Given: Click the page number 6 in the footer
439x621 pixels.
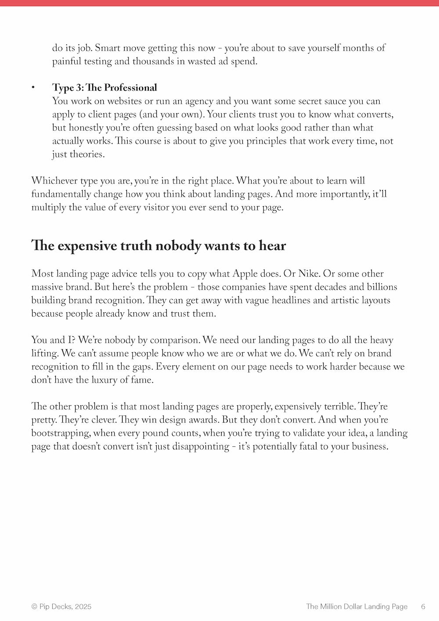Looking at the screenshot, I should click(x=423, y=607).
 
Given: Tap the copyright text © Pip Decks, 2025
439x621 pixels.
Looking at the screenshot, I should click(x=61, y=607).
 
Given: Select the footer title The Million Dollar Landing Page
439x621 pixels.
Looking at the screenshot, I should click(x=356, y=607).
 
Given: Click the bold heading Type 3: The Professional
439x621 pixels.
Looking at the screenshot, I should click(x=104, y=87).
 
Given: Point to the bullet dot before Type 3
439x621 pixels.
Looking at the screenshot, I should click(x=33, y=88).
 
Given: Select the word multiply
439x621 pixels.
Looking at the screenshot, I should click(x=48, y=207).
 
